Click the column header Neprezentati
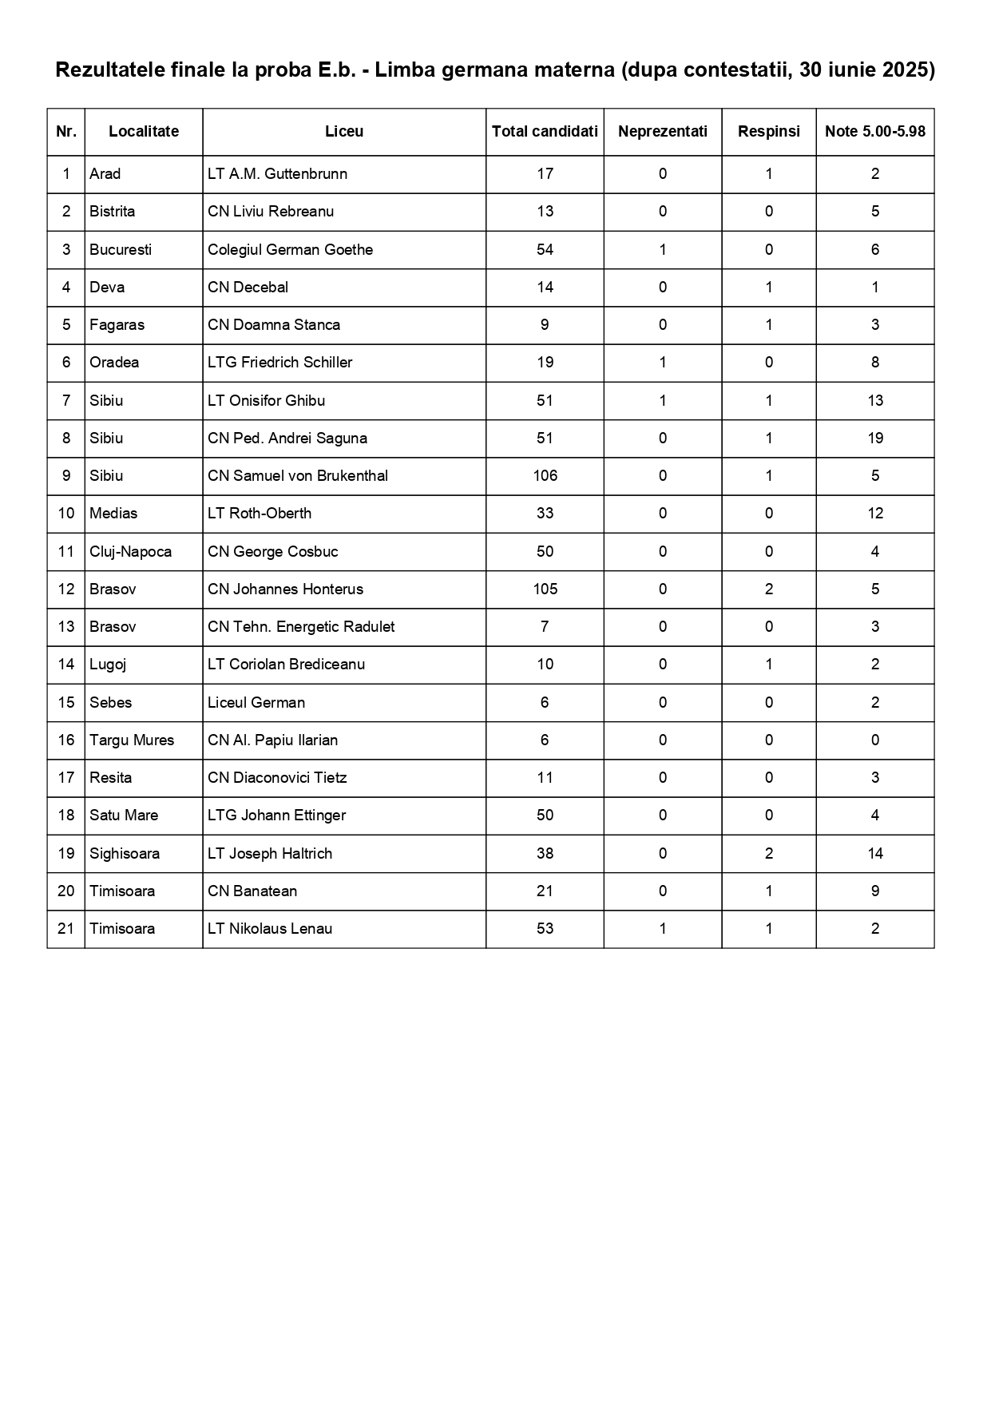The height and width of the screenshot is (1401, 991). [x=662, y=132]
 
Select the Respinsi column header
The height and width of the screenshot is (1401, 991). [x=768, y=132]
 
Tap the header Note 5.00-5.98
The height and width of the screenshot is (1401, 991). [x=874, y=132]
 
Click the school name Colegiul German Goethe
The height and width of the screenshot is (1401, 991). [x=290, y=250]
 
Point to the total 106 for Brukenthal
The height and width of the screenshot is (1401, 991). [x=545, y=476]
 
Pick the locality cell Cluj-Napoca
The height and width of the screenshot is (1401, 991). [x=130, y=552]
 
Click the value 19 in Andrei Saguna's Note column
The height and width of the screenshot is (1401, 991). [x=874, y=439]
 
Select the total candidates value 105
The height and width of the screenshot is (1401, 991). [x=545, y=589]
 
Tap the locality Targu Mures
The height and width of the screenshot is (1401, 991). [x=132, y=740]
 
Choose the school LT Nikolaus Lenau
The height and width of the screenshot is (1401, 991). [x=269, y=929]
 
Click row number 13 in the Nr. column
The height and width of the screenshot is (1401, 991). [x=66, y=627]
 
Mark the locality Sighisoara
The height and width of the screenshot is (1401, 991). [x=125, y=854]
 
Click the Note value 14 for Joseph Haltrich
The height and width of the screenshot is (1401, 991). [x=874, y=854]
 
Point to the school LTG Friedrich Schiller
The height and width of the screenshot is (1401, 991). [x=279, y=363]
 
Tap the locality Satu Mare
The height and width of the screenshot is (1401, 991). [x=124, y=816]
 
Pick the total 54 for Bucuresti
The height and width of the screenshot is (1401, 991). [x=545, y=250]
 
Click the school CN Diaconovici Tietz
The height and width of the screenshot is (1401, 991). [x=276, y=778]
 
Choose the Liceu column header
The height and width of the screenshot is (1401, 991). [x=344, y=132]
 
